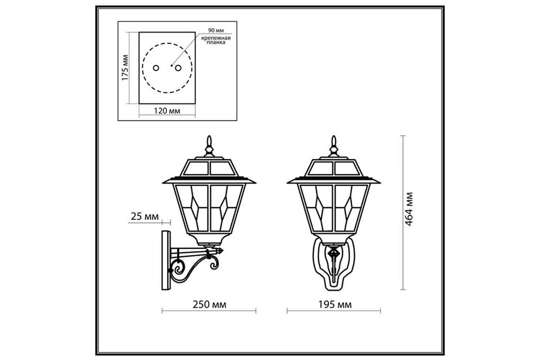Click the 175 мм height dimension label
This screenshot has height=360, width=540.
(x=125, y=68)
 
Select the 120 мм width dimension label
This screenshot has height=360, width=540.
(x=167, y=111)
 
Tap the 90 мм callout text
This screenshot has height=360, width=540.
(x=216, y=30)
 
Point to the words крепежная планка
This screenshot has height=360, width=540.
(x=216, y=40)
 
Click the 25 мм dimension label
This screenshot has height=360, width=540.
(x=145, y=216)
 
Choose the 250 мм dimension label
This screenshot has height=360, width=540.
(x=209, y=305)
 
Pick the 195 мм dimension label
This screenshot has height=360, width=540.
(x=335, y=305)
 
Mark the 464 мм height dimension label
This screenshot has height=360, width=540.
(x=409, y=209)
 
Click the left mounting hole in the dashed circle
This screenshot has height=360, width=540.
(x=156, y=68)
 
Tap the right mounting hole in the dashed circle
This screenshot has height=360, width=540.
(x=178, y=68)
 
